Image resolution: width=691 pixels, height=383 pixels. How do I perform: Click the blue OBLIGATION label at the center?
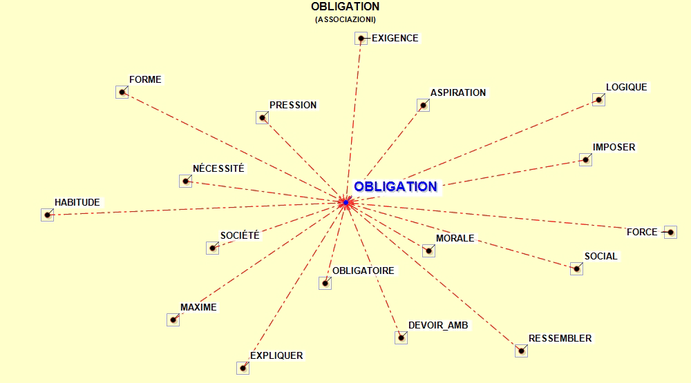pos(395,186)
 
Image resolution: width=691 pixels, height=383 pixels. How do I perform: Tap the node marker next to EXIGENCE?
pos(361,39)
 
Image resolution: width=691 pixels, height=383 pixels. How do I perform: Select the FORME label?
pos(145,79)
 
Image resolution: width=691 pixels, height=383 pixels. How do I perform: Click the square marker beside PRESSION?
pos(262,117)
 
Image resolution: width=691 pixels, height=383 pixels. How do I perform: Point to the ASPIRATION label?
pos(458,93)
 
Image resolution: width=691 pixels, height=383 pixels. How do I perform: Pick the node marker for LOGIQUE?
pos(598,100)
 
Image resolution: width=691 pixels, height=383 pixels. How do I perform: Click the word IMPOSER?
pos(614,147)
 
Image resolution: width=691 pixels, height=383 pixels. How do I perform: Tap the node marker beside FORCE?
pos(670,232)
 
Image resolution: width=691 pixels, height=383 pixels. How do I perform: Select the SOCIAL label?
pos(600,256)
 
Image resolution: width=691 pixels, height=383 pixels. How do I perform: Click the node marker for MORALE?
pos(429,251)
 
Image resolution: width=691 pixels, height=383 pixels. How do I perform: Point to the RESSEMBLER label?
pos(560,339)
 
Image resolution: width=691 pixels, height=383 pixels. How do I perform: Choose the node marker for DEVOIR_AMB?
pos(401,337)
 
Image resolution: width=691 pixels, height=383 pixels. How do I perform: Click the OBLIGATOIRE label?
pos(363,271)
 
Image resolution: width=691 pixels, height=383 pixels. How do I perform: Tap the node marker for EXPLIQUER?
pos(243,368)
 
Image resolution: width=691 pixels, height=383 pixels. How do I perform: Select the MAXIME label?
pos(198,307)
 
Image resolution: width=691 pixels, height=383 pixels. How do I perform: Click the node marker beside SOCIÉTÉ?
pos(212,248)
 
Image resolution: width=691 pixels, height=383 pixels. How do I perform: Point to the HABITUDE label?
pos(77,202)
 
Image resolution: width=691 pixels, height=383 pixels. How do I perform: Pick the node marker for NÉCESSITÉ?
pos(185,181)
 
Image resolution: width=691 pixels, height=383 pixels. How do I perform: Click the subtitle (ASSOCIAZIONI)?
pos(345,19)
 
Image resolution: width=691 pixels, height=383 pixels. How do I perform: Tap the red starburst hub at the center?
pos(346,202)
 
